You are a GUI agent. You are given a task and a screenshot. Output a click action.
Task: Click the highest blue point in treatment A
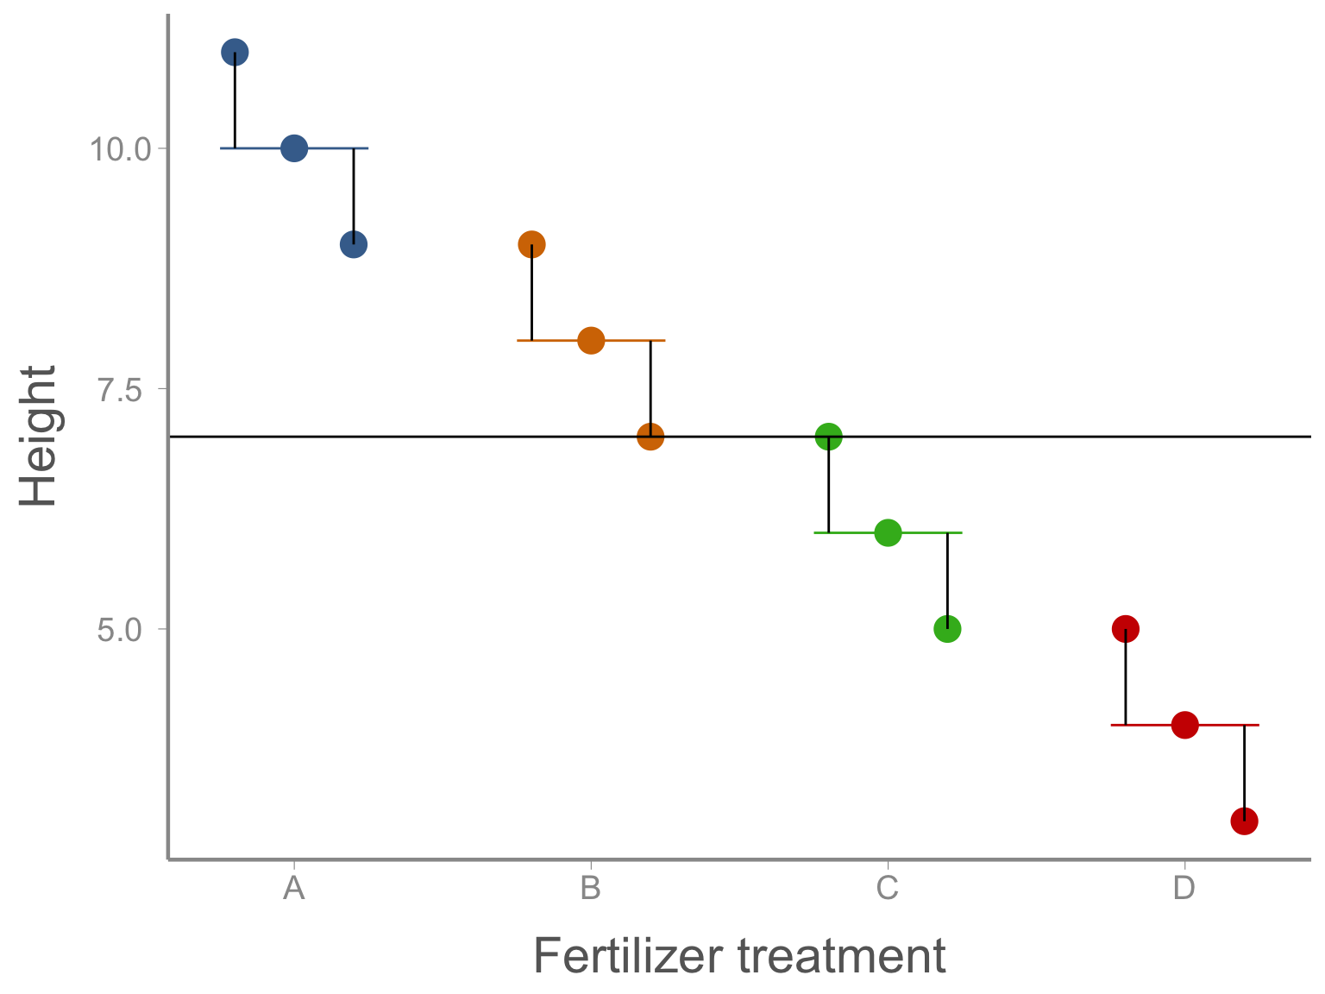[235, 53]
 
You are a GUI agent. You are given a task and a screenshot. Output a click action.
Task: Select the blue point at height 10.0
[294, 148]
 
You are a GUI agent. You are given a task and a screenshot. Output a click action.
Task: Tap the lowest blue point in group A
[354, 244]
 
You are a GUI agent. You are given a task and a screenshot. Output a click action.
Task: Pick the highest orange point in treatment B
[531, 244]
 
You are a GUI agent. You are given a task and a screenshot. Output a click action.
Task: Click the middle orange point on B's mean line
[591, 341]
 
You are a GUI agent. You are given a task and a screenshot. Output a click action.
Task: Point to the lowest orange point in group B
[650, 437]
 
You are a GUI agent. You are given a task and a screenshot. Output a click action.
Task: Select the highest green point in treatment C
[829, 437]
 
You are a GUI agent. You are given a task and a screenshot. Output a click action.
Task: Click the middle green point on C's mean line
[888, 533]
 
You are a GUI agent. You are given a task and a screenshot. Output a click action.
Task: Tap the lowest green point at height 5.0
[948, 630]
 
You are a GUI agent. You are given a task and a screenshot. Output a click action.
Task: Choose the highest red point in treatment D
[1126, 630]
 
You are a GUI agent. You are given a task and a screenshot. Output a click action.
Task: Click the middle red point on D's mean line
[1185, 725]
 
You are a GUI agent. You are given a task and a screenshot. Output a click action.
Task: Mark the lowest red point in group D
[1245, 821]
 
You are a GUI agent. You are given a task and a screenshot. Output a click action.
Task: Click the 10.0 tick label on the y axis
[120, 149]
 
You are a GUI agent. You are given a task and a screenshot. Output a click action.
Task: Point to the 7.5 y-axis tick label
[120, 390]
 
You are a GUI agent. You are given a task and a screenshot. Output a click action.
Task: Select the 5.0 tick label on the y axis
[120, 630]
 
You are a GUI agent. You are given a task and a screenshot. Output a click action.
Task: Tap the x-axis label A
[294, 888]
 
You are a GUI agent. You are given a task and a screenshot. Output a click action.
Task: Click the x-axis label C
[888, 888]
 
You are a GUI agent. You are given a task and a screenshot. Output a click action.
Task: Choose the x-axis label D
[1184, 888]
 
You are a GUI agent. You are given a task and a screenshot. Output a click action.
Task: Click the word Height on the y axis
[37, 436]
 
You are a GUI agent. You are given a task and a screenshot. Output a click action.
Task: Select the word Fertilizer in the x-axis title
[628, 957]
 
